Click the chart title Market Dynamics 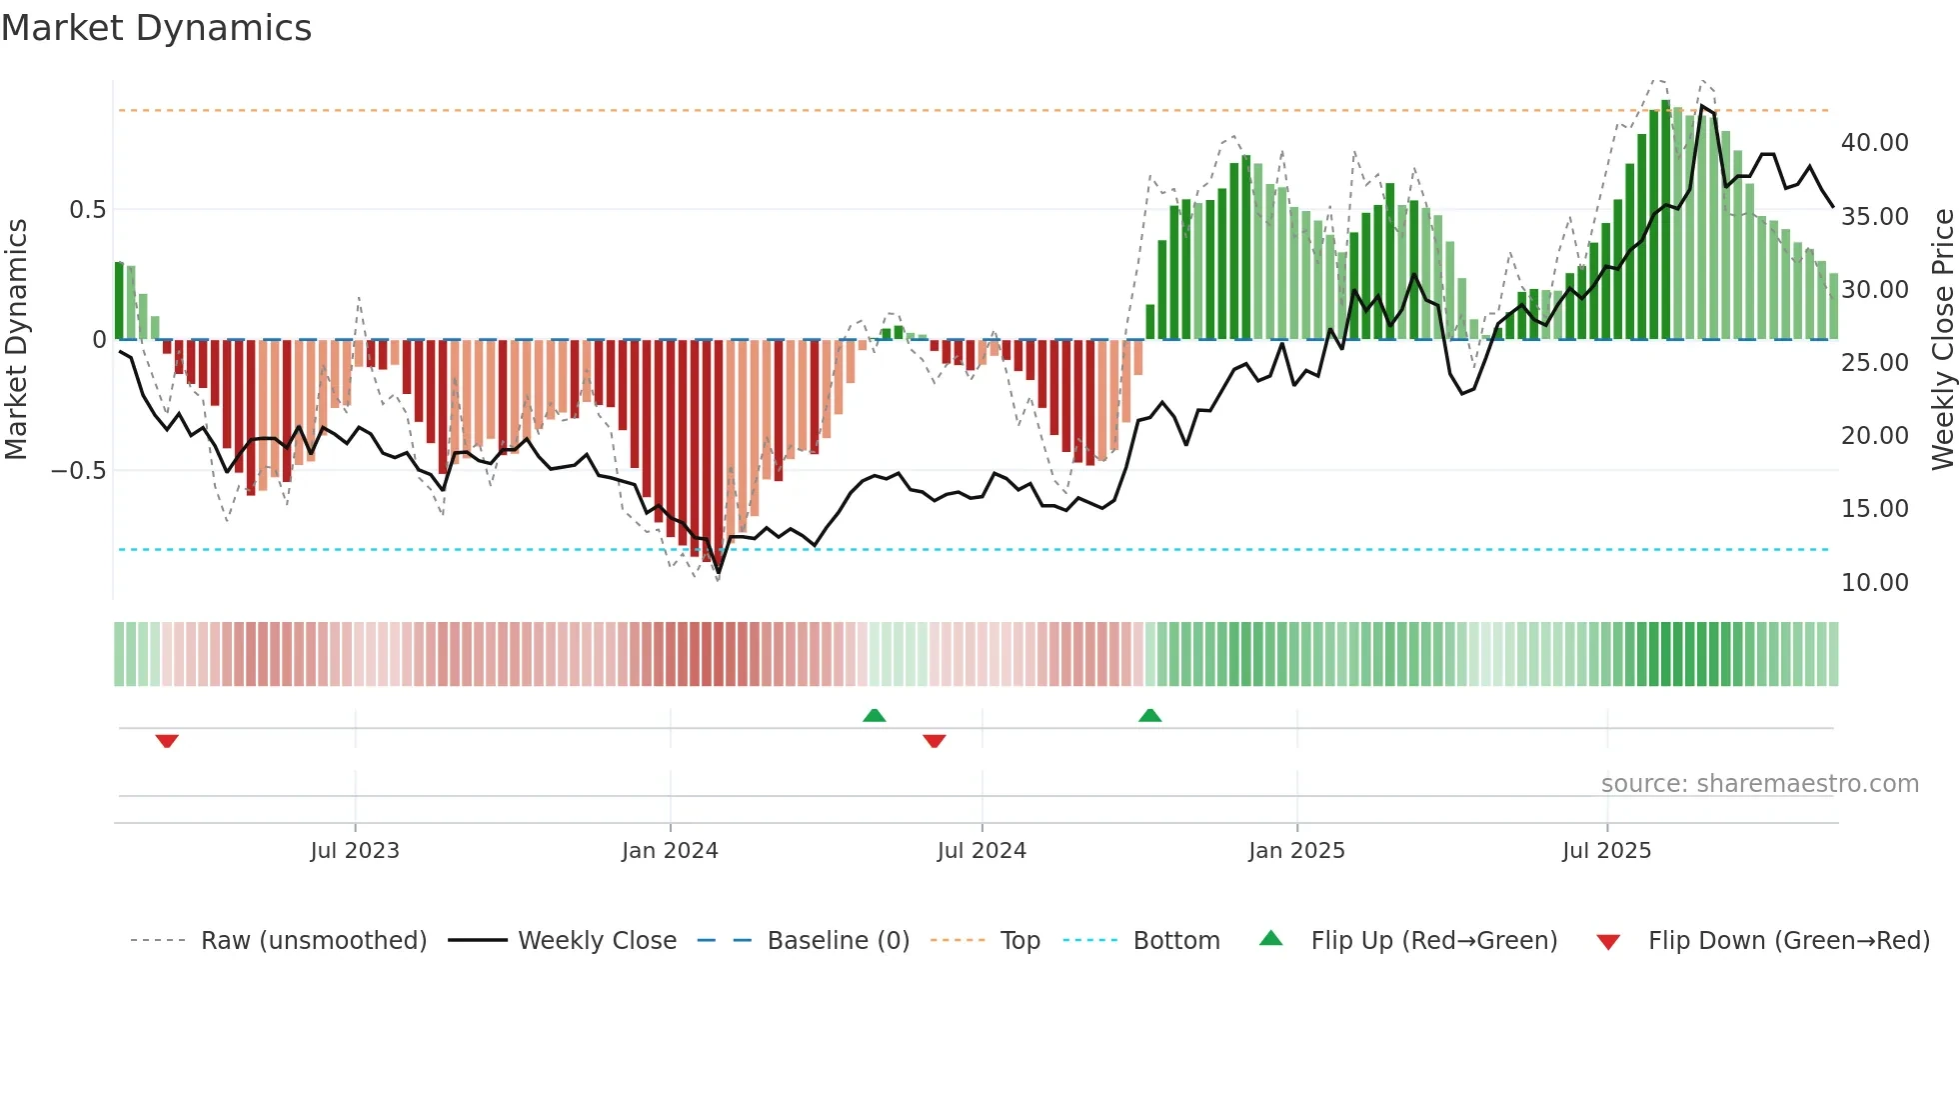pos(156,28)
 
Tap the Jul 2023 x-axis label pos(354,851)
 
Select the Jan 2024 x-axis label pos(670,851)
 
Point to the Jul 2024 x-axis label pos(981,851)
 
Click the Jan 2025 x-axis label pos(1296,851)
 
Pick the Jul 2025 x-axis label pos(1607,851)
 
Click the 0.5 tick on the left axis pos(87,210)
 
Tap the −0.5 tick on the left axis pos(78,471)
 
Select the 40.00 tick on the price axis pos(1875,143)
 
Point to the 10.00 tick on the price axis pos(1875,583)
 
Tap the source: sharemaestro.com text pos(1759,784)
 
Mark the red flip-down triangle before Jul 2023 pos(167,741)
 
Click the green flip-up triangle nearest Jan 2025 pos(1149,715)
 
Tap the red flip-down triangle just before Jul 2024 pos(935,741)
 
